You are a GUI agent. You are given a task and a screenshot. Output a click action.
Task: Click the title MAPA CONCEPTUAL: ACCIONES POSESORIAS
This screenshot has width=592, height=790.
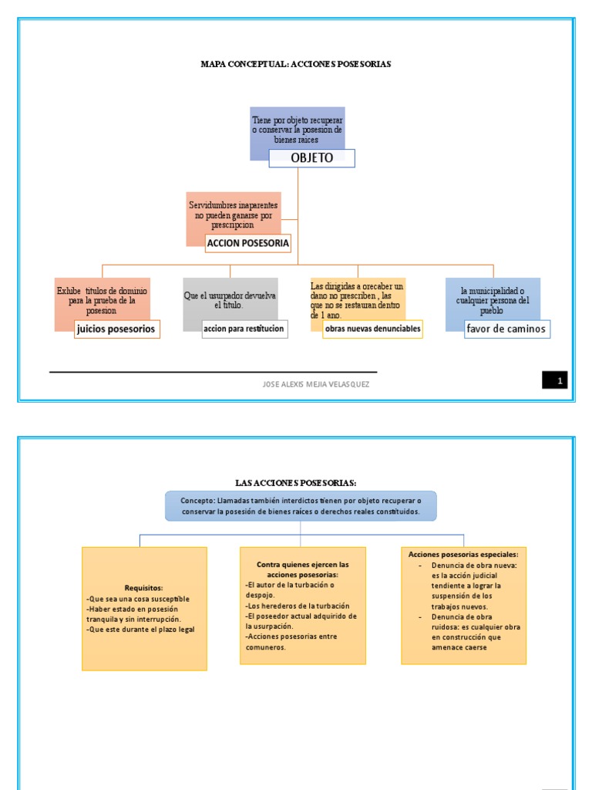(296, 64)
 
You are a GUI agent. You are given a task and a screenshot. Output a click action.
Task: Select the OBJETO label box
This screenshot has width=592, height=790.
(311, 158)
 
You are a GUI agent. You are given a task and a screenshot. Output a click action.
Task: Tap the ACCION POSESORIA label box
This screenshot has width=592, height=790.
(247, 243)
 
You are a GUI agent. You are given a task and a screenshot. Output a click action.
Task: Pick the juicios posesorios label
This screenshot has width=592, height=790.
(116, 329)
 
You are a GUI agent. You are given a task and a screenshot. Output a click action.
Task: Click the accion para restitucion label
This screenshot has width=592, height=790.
(244, 329)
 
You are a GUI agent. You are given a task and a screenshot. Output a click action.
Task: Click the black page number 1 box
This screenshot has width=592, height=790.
(554, 380)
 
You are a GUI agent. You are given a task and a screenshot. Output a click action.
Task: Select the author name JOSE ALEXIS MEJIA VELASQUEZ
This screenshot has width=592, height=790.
(316, 384)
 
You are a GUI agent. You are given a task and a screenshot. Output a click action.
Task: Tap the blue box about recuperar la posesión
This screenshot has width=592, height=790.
(298, 129)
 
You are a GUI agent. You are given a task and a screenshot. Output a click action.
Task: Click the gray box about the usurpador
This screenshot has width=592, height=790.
(230, 300)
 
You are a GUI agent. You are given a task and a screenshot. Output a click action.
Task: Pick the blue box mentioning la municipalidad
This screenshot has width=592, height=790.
(493, 299)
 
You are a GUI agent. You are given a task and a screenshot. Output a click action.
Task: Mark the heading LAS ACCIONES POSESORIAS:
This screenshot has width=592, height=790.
(296, 483)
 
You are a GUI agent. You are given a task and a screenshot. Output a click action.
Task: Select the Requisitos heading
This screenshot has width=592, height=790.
(144, 588)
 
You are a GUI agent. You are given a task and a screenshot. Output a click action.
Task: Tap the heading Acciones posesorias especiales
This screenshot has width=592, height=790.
(462, 554)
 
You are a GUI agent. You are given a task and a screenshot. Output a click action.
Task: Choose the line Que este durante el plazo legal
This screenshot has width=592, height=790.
(141, 630)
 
